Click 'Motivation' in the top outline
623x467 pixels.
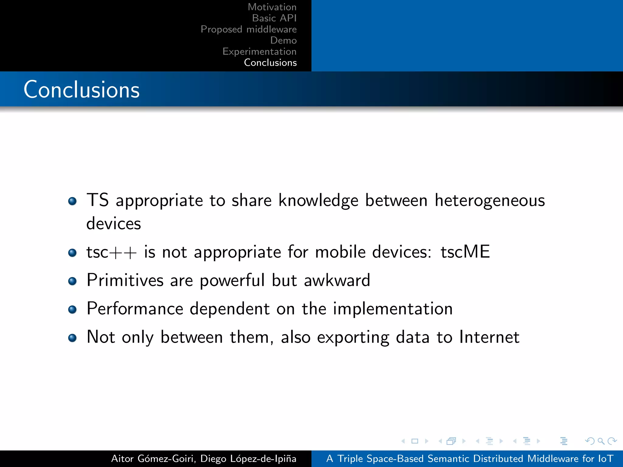click(x=272, y=7)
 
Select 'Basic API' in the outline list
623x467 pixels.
click(x=274, y=18)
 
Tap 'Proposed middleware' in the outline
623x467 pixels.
click(x=249, y=29)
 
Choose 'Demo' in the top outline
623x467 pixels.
click(x=283, y=40)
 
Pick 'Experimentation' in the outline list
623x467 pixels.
click(x=259, y=52)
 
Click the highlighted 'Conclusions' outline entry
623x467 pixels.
click(x=270, y=63)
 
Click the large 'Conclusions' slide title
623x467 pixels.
click(x=82, y=90)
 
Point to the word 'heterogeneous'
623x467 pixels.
click(x=490, y=201)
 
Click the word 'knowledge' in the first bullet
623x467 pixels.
click(x=318, y=201)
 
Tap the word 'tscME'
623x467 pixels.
click(x=465, y=252)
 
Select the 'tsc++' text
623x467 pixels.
click(x=111, y=252)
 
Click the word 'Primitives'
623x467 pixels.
click(x=125, y=280)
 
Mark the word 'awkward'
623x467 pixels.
click(x=337, y=280)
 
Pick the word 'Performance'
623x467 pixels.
click(x=135, y=309)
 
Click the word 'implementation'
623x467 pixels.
click(x=393, y=309)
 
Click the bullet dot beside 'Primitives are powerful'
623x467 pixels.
click(x=72, y=281)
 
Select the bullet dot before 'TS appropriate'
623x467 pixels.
click(x=72, y=201)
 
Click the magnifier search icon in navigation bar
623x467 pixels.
click(x=601, y=441)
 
